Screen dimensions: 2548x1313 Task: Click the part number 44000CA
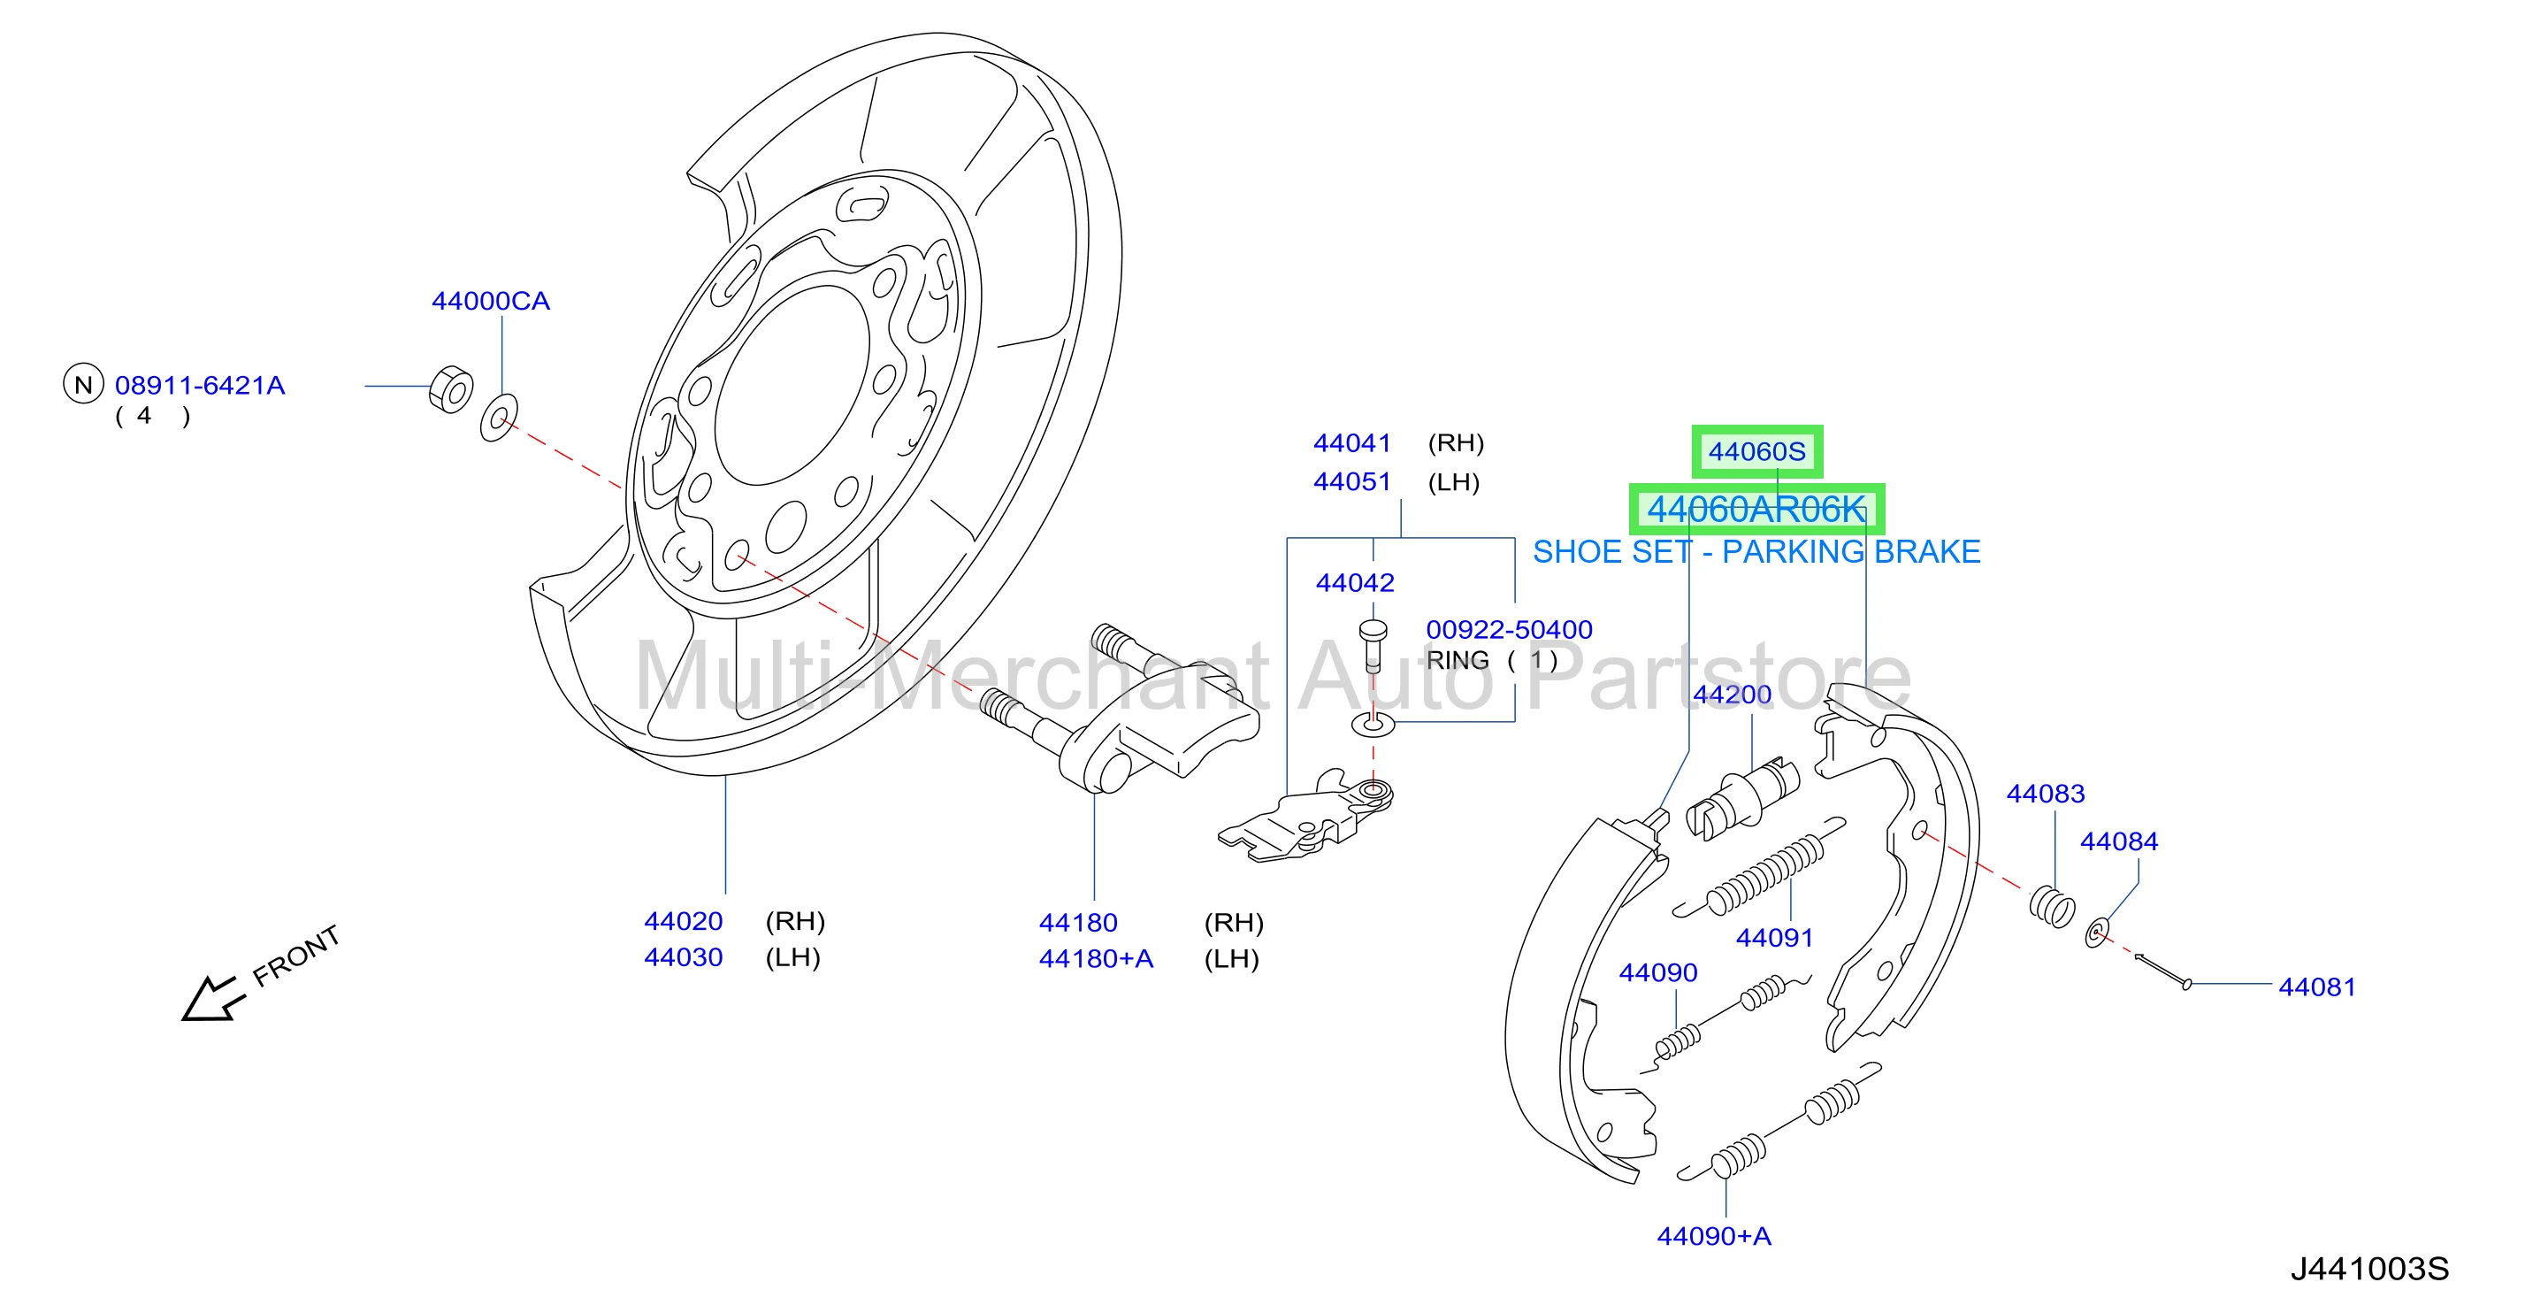491,301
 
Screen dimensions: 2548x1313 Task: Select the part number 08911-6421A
200,385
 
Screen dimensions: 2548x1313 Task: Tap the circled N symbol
83,385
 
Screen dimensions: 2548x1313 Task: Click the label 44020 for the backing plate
684,921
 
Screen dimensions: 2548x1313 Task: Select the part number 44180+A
1096,959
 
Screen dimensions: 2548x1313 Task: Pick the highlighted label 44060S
1756,451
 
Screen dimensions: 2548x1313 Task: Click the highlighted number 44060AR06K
1756,510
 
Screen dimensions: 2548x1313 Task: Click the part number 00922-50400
1510,629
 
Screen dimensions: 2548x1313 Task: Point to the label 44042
1355,583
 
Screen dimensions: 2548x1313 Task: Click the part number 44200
1732,695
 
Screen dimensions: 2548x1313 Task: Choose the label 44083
2046,794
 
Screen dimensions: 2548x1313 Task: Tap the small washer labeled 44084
2096,932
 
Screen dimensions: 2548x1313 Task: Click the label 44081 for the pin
2317,987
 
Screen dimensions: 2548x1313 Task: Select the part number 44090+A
1714,1236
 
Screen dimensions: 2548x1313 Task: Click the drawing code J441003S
2370,1269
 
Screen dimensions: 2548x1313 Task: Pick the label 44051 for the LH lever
1352,482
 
